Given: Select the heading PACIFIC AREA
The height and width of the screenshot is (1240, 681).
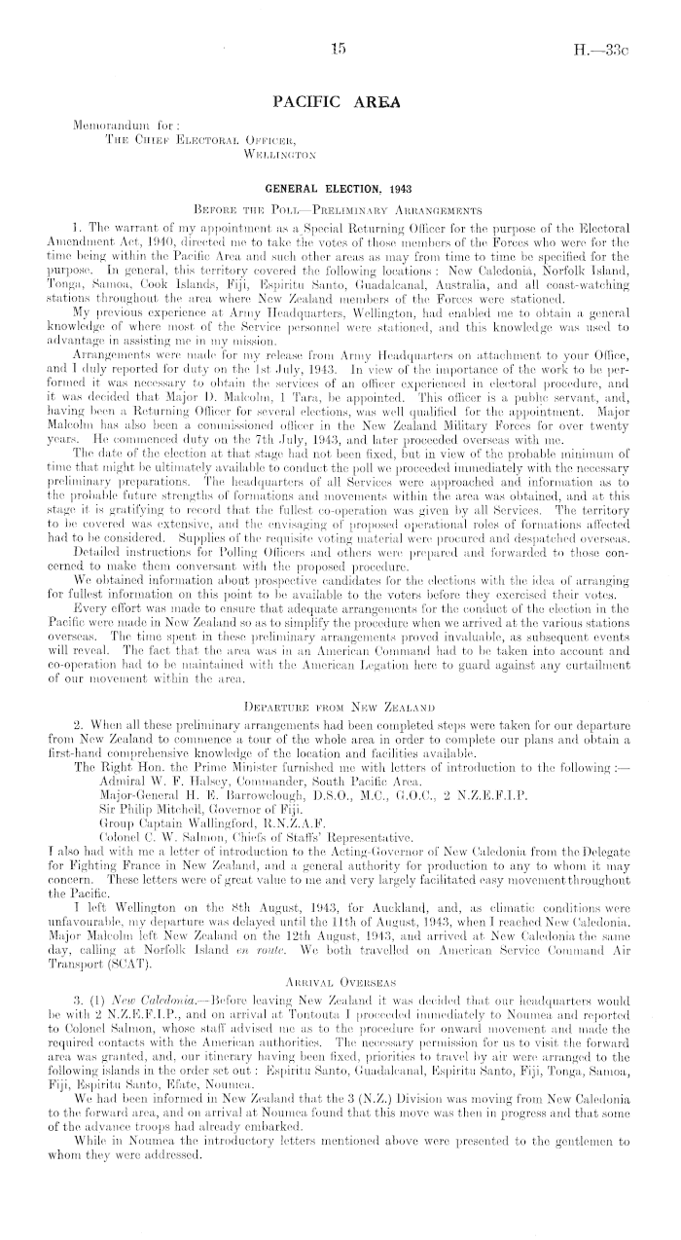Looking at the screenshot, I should coord(340,100).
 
